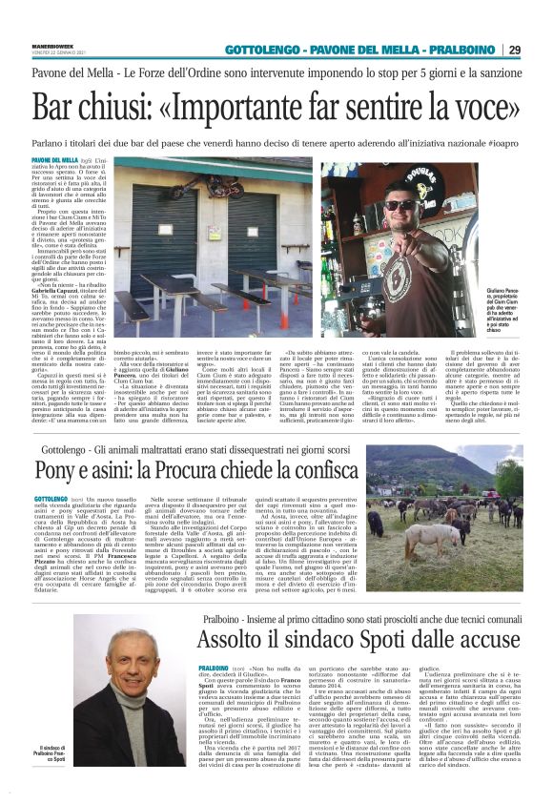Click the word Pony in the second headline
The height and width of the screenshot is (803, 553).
click(x=55, y=469)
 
